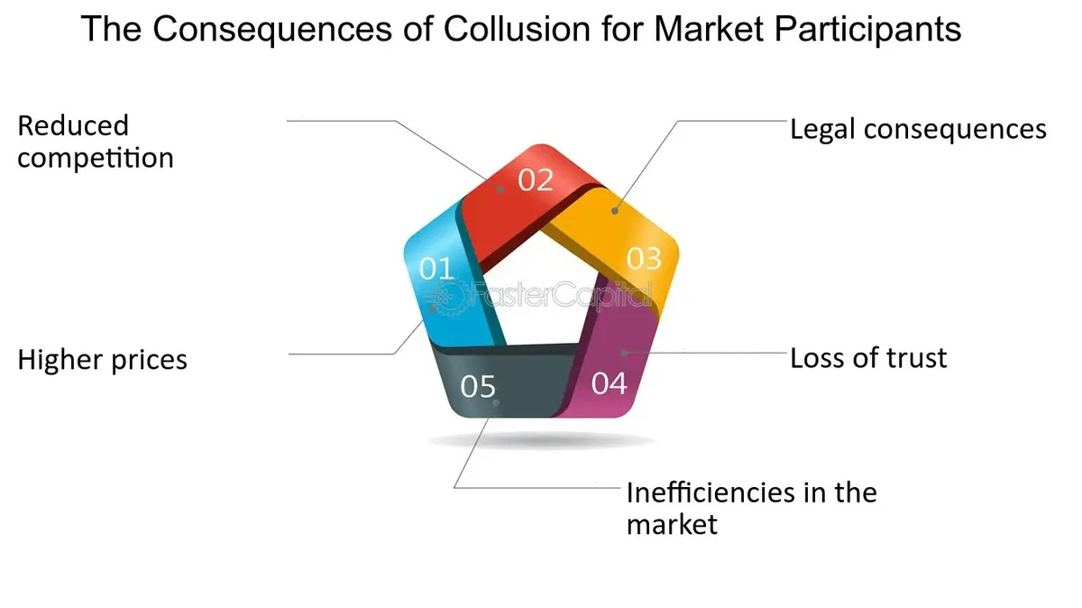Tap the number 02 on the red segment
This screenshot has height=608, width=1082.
tap(535, 180)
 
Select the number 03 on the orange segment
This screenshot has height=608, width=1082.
tap(644, 259)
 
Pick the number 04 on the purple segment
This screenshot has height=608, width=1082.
tap(609, 383)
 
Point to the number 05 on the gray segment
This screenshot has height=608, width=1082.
tap(478, 387)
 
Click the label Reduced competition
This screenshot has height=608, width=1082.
tap(95, 142)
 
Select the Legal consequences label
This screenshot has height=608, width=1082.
tap(918, 129)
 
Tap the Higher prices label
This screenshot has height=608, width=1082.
tap(103, 360)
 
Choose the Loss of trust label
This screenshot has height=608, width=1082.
tap(868, 358)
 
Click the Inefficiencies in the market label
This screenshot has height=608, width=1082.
tap(751, 508)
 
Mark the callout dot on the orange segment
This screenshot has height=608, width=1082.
tap(615, 211)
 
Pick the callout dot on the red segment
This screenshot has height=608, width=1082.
tap(500, 189)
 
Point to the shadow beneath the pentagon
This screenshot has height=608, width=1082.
tap(541, 441)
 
